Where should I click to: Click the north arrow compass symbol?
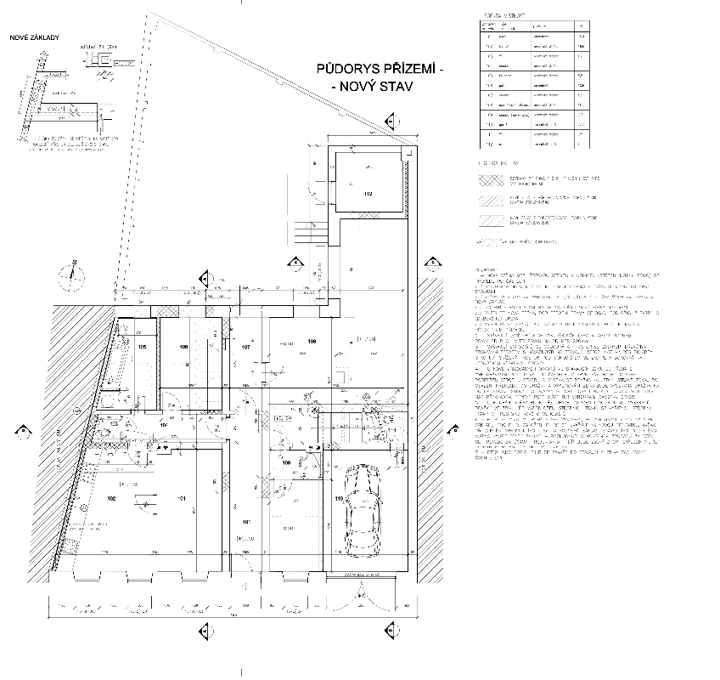coord(72,274)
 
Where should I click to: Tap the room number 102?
coord(110,498)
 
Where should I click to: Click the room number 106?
coord(183,348)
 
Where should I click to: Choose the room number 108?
coord(312,342)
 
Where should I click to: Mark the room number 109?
coord(287,463)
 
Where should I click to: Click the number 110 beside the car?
coord(339,498)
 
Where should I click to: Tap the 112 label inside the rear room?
coord(368,195)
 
